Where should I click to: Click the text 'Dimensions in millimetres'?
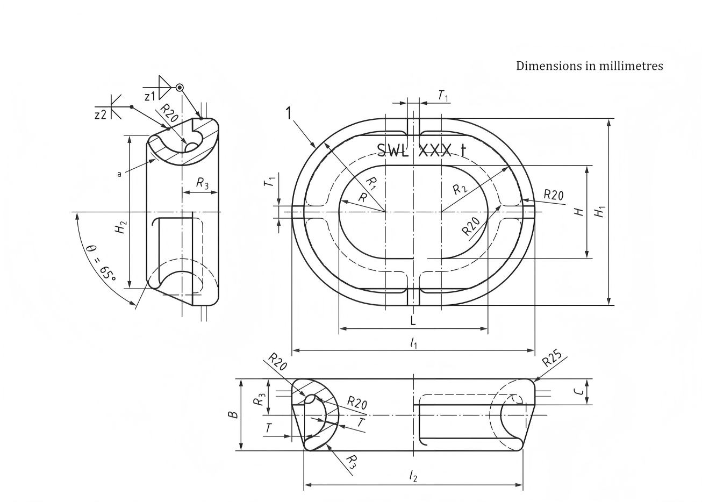pyautogui.click(x=589, y=66)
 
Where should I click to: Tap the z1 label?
pyautogui.click(x=150, y=96)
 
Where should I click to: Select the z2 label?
pyautogui.click(x=101, y=114)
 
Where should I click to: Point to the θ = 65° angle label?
pyautogui.click(x=102, y=263)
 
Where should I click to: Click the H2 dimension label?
pyautogui.click(x=121, y=227)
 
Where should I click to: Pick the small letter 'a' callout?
pyautogui.click(x=119, y=174)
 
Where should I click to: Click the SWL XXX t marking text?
pyautogui.click(x=421, y=150)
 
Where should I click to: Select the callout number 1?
pyautogui.click(x=289, y=113)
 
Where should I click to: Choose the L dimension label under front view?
pyautogui.click(x=413, y=321)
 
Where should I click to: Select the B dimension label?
pyautogui.click(x=233, y=414)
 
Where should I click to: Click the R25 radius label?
pyautogui.click(x=551, y=359)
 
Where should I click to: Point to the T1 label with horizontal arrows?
pyautogui.click(x=443, y=96)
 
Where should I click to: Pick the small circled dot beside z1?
pyautogui.click(x=180, y=88)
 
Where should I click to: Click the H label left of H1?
pyautogui.click(x=579, y=212)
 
